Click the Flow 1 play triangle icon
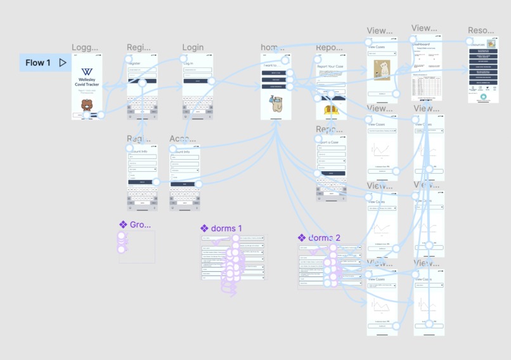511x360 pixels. (x=63, y=63)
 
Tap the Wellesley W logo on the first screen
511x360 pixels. (x=87, y=72)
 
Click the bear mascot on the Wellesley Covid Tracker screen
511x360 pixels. (x=87, y=104)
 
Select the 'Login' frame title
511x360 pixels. (x=193, y=48)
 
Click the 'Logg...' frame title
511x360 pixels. (x=85, y=48)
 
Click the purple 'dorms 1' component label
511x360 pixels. (x=226, y=229)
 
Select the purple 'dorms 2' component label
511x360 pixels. (x=324, y=238)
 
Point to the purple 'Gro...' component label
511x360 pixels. (x=139, y=225)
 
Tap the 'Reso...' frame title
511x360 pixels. (x=481, y=30)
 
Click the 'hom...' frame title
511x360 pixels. (x=271, y=48)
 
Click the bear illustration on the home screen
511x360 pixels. (x=276, y=104)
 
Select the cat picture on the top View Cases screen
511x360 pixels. (x=382, y=70)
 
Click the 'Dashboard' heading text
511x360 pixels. (x=421, y=44)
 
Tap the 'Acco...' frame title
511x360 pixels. (x=183, y=139)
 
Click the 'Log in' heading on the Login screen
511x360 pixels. (x=188, y=64)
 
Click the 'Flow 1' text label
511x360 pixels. (x=38, y=63)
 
